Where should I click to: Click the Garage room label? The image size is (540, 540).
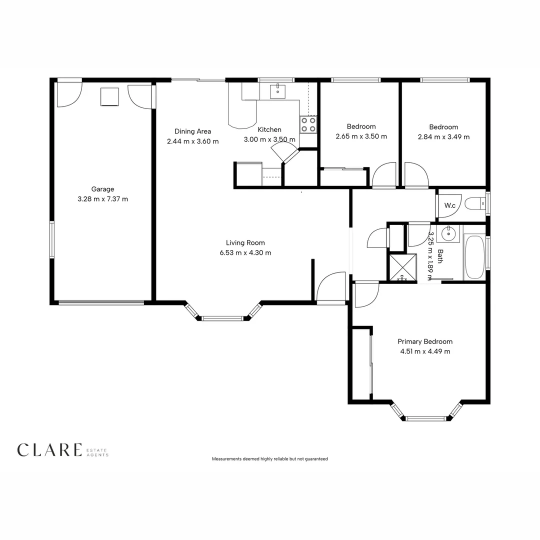pos(102,189)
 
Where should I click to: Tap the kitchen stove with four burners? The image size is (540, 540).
pos(308,124)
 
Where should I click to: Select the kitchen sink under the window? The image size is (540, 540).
pos(277,91)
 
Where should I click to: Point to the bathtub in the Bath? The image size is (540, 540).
pos(474,257)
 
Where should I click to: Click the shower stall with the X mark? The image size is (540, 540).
pos(402,267)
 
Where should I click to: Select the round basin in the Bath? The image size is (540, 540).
pos(448,233)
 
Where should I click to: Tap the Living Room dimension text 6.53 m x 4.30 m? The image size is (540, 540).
pos(245,253)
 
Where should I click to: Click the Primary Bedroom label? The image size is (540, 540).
pos(425,341)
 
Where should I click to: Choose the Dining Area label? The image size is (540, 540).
pos(192,131)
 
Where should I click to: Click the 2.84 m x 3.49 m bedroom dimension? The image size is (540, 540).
pos(443,137)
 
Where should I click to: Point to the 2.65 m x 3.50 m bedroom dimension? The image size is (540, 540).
pos(361,136)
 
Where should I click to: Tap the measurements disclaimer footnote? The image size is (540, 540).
pos(270,458)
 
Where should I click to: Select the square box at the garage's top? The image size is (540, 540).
pos(109,96)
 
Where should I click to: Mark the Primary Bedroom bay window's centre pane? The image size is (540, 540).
pos(425,418)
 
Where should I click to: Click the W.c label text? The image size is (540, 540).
pos(449,205)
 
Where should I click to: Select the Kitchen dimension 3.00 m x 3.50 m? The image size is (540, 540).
pos(269,140)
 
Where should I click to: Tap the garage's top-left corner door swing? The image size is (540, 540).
pos(69,94)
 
